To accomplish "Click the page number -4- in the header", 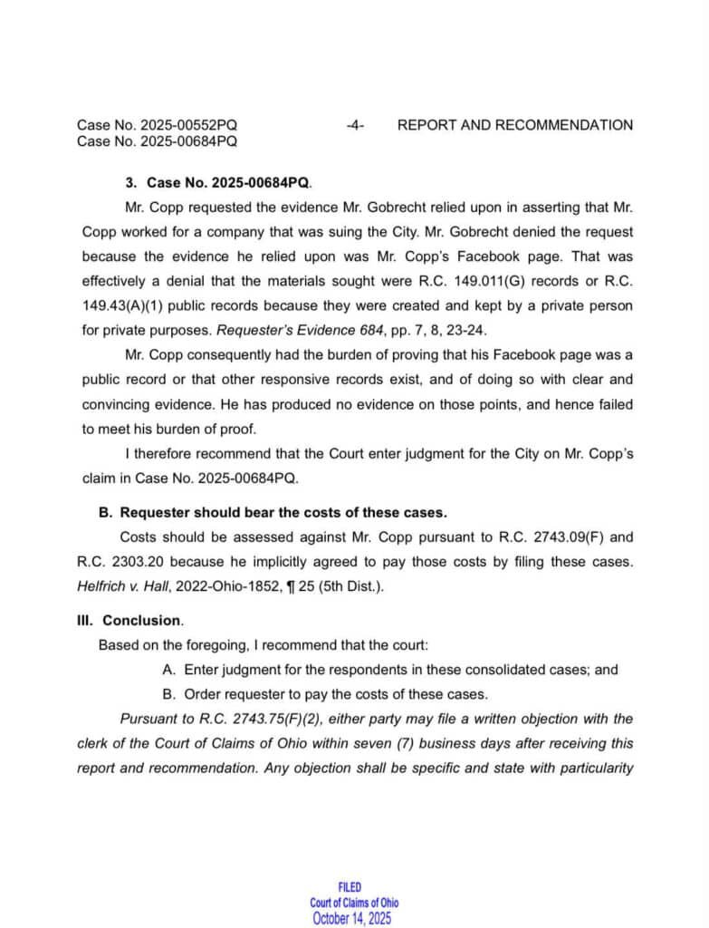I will tap(355, 125).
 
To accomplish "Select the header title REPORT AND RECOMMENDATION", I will tap(515, 125).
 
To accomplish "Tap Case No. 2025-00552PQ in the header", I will tap(158, 125).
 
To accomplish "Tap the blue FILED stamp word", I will tap(350, 888).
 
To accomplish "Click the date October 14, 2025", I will tap(352, 917).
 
